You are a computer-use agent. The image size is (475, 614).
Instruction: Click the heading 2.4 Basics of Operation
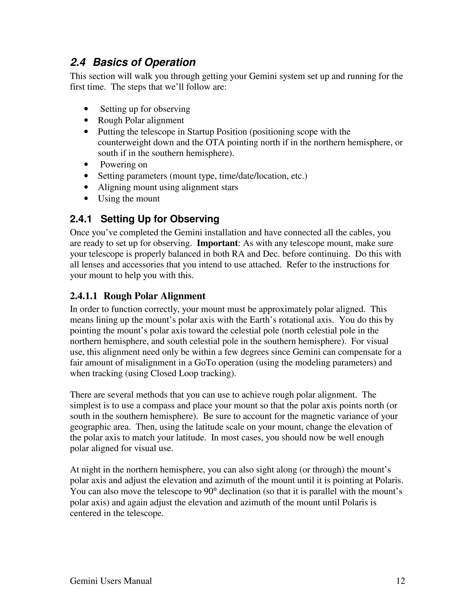coord(132,62)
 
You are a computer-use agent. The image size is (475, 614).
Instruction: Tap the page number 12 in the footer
coord(400,581)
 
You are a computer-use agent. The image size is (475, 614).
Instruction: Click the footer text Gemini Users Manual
coord(111,581)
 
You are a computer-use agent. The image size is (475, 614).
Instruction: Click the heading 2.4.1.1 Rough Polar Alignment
coord(138,296)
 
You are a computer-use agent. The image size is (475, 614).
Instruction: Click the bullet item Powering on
coord(124,165)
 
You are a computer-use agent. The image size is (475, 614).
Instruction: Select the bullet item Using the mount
coord(128,199)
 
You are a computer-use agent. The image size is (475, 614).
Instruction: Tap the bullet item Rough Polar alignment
coord(141,120)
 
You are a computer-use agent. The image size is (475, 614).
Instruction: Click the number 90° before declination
coord(210,491)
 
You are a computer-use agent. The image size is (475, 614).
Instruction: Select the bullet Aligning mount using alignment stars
coord(168,187)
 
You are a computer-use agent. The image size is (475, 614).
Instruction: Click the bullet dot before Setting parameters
coord(86,176)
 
